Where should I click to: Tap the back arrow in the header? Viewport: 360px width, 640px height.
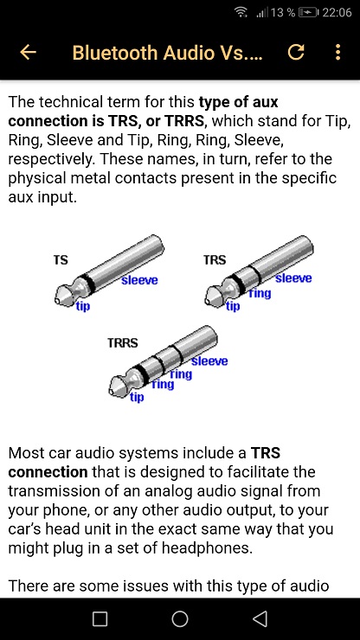point(28,52)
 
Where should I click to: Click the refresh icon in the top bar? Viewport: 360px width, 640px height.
point(296,52)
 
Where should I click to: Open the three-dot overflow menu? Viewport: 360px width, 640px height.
point(337,52)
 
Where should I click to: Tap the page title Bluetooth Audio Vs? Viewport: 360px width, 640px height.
point(167,53)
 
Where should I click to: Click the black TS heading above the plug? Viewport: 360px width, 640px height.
point(61,260)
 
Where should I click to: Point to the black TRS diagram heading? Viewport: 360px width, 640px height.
point(215,260)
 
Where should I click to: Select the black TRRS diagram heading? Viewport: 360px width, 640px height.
point(123,342)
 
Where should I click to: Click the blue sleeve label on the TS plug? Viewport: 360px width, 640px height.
point(139,280)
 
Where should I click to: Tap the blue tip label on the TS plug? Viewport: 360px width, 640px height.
point(83,305)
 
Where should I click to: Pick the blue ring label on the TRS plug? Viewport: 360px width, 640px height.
point(260,293)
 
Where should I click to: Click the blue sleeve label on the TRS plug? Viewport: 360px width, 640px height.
point(293,278)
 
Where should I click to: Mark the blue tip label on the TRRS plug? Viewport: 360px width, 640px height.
point(137,397)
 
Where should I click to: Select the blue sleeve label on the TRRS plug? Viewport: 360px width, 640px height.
point(209,361)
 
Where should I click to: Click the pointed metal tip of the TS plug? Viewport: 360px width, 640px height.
point(58,300)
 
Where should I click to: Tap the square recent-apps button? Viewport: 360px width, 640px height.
point(100,618)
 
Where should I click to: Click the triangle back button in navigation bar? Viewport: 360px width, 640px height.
point(260,618)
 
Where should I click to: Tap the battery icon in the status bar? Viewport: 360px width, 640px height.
point(308,13)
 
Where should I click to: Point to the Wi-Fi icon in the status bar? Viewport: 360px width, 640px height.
point(241,12)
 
